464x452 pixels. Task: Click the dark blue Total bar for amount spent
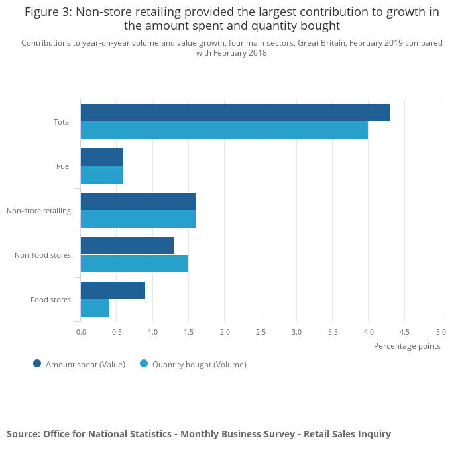pyautogui.click(x=235, y=113)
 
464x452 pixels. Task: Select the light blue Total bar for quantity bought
pyautogui.click(x=224, y=131)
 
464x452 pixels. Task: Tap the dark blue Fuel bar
pyautogui.click(x=102, y=157)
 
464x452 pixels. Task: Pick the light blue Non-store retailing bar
pyautogui.click(x=138, y=219)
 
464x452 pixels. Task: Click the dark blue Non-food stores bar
pyautogui.click(x=127, y=246)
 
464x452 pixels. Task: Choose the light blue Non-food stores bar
pyautogui.click(x=135, y=264)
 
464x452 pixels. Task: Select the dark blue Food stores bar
pyautogui.click(x=113, y=290)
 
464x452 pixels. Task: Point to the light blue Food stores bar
pyautogui.click(x=95, y=308)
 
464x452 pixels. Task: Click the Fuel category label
pyautogui.click(x=64, y=166)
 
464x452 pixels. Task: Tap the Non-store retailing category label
pyautogui.click(x=38, y=211)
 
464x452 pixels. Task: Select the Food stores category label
pyautogui.click(x=50, y=300)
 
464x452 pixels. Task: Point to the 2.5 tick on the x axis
pyautogui.click(x=261, y=331)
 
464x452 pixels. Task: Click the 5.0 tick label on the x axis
pyautogui.click(x=441, y=331)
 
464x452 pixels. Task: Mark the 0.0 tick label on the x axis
pyautogui.click(x=81, y=331)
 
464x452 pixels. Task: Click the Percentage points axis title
pyautogui.click(x=407, y=345)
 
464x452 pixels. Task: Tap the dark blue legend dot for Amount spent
pyautogui.click(x=37, y=363)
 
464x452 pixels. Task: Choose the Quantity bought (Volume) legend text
pyautogui.click(x=199, y=364)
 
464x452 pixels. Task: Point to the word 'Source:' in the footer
pyautogui.click(x=23, y=434)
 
